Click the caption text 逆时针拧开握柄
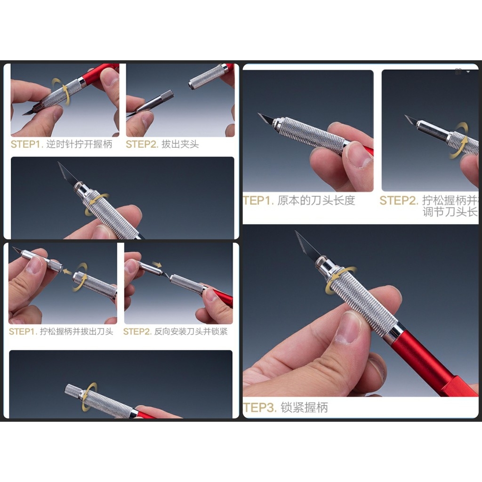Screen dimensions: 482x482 pyautogui.click(x=79, y=145)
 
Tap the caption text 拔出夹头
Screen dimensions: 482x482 pyautogui.click(x=180, y=145)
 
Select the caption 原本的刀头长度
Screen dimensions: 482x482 pyautogui.click(x=316, y=201)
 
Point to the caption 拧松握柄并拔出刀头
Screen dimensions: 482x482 pyautogui.click(x=76, y=332)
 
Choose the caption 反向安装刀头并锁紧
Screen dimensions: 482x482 pyautogui.click(x=191, y=332)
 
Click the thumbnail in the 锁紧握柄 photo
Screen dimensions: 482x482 pyautogui.click(x=348, y=327)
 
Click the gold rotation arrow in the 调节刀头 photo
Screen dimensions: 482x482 pyautogui.click(x=459, y=140)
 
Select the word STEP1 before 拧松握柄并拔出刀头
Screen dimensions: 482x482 pyautogui.click(x=22, y=332)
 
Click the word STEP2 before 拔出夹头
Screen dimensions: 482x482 pyautogui.click(x=142, y=145)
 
